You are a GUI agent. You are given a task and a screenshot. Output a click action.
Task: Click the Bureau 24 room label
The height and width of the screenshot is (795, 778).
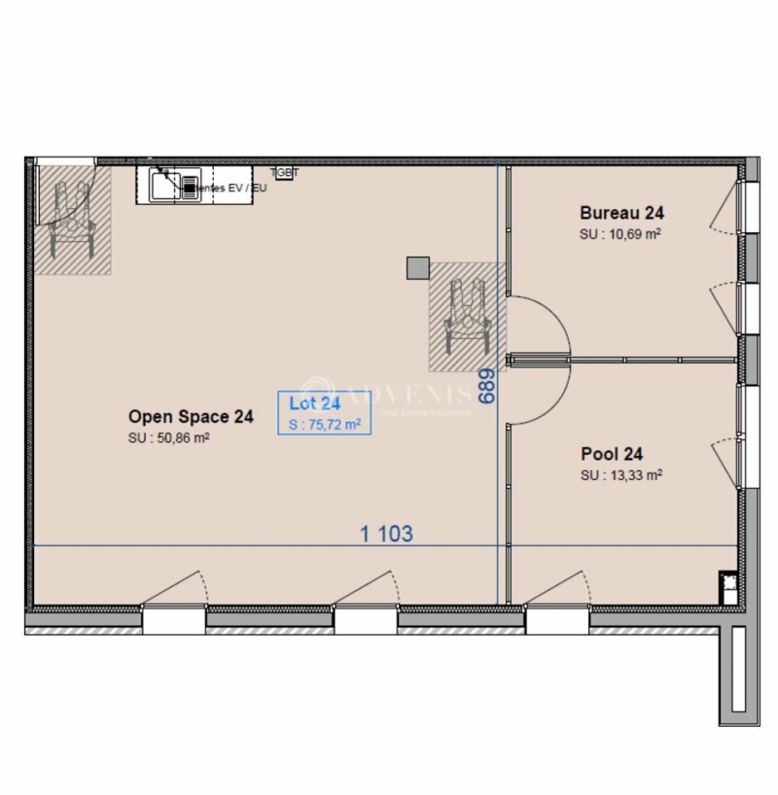[x=621, y=212]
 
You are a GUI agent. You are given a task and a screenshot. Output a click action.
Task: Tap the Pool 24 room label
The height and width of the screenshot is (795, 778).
[x=612, y=453]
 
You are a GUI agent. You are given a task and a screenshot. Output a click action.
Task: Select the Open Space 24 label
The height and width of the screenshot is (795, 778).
[x=191, y=417]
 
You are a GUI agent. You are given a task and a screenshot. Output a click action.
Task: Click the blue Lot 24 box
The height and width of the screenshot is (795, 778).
[x=324, y=412]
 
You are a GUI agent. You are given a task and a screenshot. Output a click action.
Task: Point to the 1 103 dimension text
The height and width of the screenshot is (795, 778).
[x=386, y=534]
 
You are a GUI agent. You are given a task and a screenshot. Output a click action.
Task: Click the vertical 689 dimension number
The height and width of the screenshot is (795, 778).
[x=487, y=386]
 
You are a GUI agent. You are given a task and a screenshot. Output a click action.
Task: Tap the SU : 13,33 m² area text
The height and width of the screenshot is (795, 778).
[x=621, y=475]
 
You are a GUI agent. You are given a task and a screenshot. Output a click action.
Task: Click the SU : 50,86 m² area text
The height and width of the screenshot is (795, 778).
[x=170, y=438]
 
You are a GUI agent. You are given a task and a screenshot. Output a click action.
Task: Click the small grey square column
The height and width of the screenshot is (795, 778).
[x=418, y=267]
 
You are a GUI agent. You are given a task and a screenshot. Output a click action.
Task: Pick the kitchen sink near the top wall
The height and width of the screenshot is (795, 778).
[x=175, y=184]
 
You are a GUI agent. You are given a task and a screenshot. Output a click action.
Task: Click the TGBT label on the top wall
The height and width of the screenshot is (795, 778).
[x=285, y=172]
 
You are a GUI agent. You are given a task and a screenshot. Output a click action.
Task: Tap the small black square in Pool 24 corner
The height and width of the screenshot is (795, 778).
[x=727, y=583]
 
